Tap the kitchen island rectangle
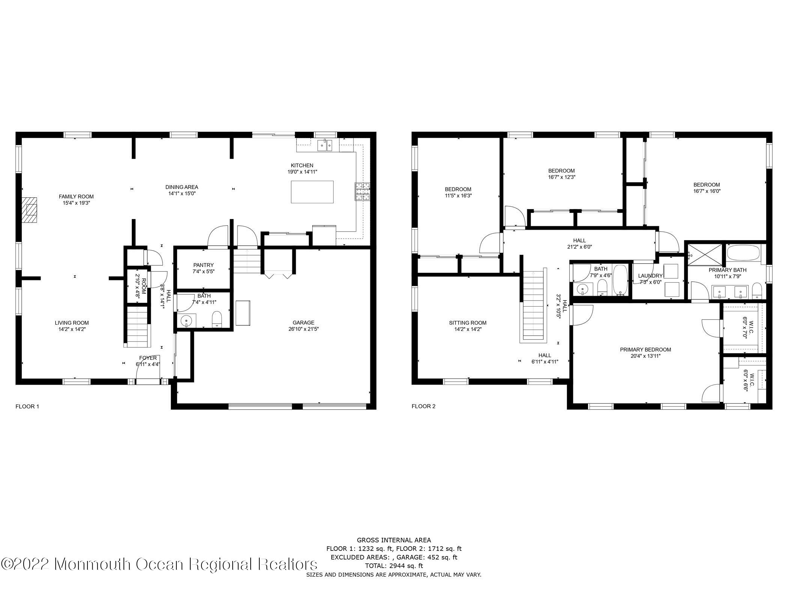point(312,192)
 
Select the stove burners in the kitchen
point(362,191)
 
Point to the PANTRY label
point(203,265)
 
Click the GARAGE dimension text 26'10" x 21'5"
point(304,329)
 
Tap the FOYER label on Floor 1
point(148,358)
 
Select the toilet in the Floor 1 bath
point(217,319)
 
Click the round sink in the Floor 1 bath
point(186,321)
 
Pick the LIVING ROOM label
point(72,323)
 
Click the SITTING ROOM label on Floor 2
point(468,323)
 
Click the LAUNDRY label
point(650,276)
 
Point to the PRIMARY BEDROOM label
point(645,349)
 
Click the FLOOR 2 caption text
point(423,406)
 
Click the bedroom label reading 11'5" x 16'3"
point(458,192)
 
